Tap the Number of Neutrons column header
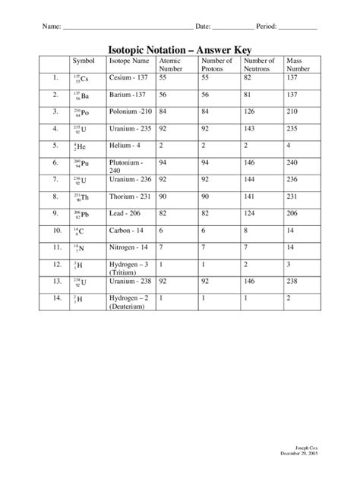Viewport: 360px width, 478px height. [x=260, y=64]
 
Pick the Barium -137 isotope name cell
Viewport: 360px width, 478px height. [x=126, y=95]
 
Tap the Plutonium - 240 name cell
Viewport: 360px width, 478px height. [x=126, y=166]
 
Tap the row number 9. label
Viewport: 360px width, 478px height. [x=55, y=195]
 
